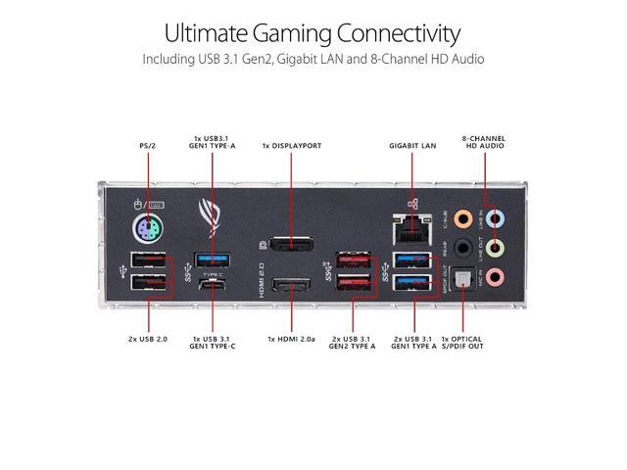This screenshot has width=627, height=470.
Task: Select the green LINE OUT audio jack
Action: (497, 249)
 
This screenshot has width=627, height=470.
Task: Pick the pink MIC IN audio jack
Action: (497, 278)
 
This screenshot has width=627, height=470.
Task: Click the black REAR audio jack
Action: (465, 249)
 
